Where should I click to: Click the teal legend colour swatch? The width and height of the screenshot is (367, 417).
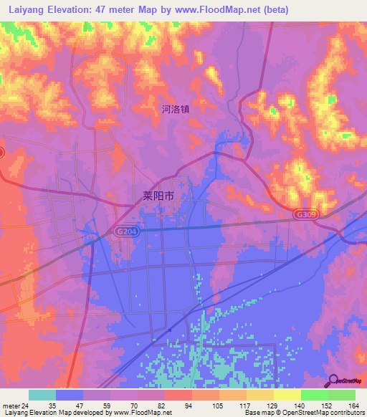[x=42, y=395]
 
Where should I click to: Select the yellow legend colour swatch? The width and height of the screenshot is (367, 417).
[x=286, y=395]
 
